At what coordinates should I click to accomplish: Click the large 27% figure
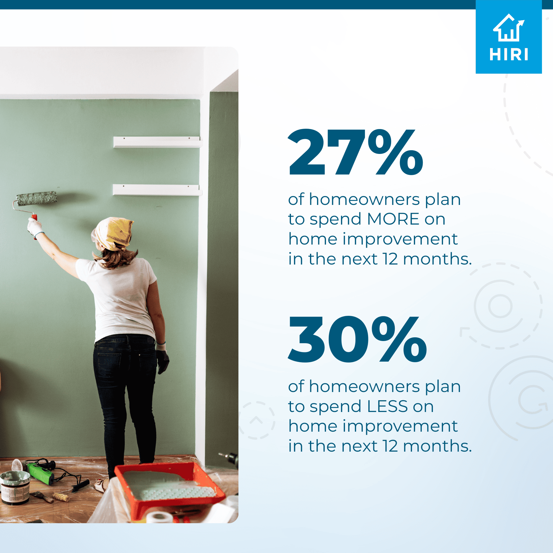coord(356,152)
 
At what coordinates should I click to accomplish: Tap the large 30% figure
coord(357,339)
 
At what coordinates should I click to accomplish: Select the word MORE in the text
coord(393,219)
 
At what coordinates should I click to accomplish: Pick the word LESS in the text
coord(387,406)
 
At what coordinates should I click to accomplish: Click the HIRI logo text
coord(509,55)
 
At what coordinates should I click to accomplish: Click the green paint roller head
coord(37,198)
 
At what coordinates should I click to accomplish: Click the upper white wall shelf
coord(157,142)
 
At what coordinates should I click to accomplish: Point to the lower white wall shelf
coord(157,190)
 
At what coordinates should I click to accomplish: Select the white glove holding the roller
coord(35,227)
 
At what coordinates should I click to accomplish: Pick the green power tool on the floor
coord(41,473)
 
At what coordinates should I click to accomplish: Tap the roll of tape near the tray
coord(159,517)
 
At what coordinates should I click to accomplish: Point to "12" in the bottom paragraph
coord(390,446)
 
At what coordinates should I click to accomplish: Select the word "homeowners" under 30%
coord(364,386)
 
